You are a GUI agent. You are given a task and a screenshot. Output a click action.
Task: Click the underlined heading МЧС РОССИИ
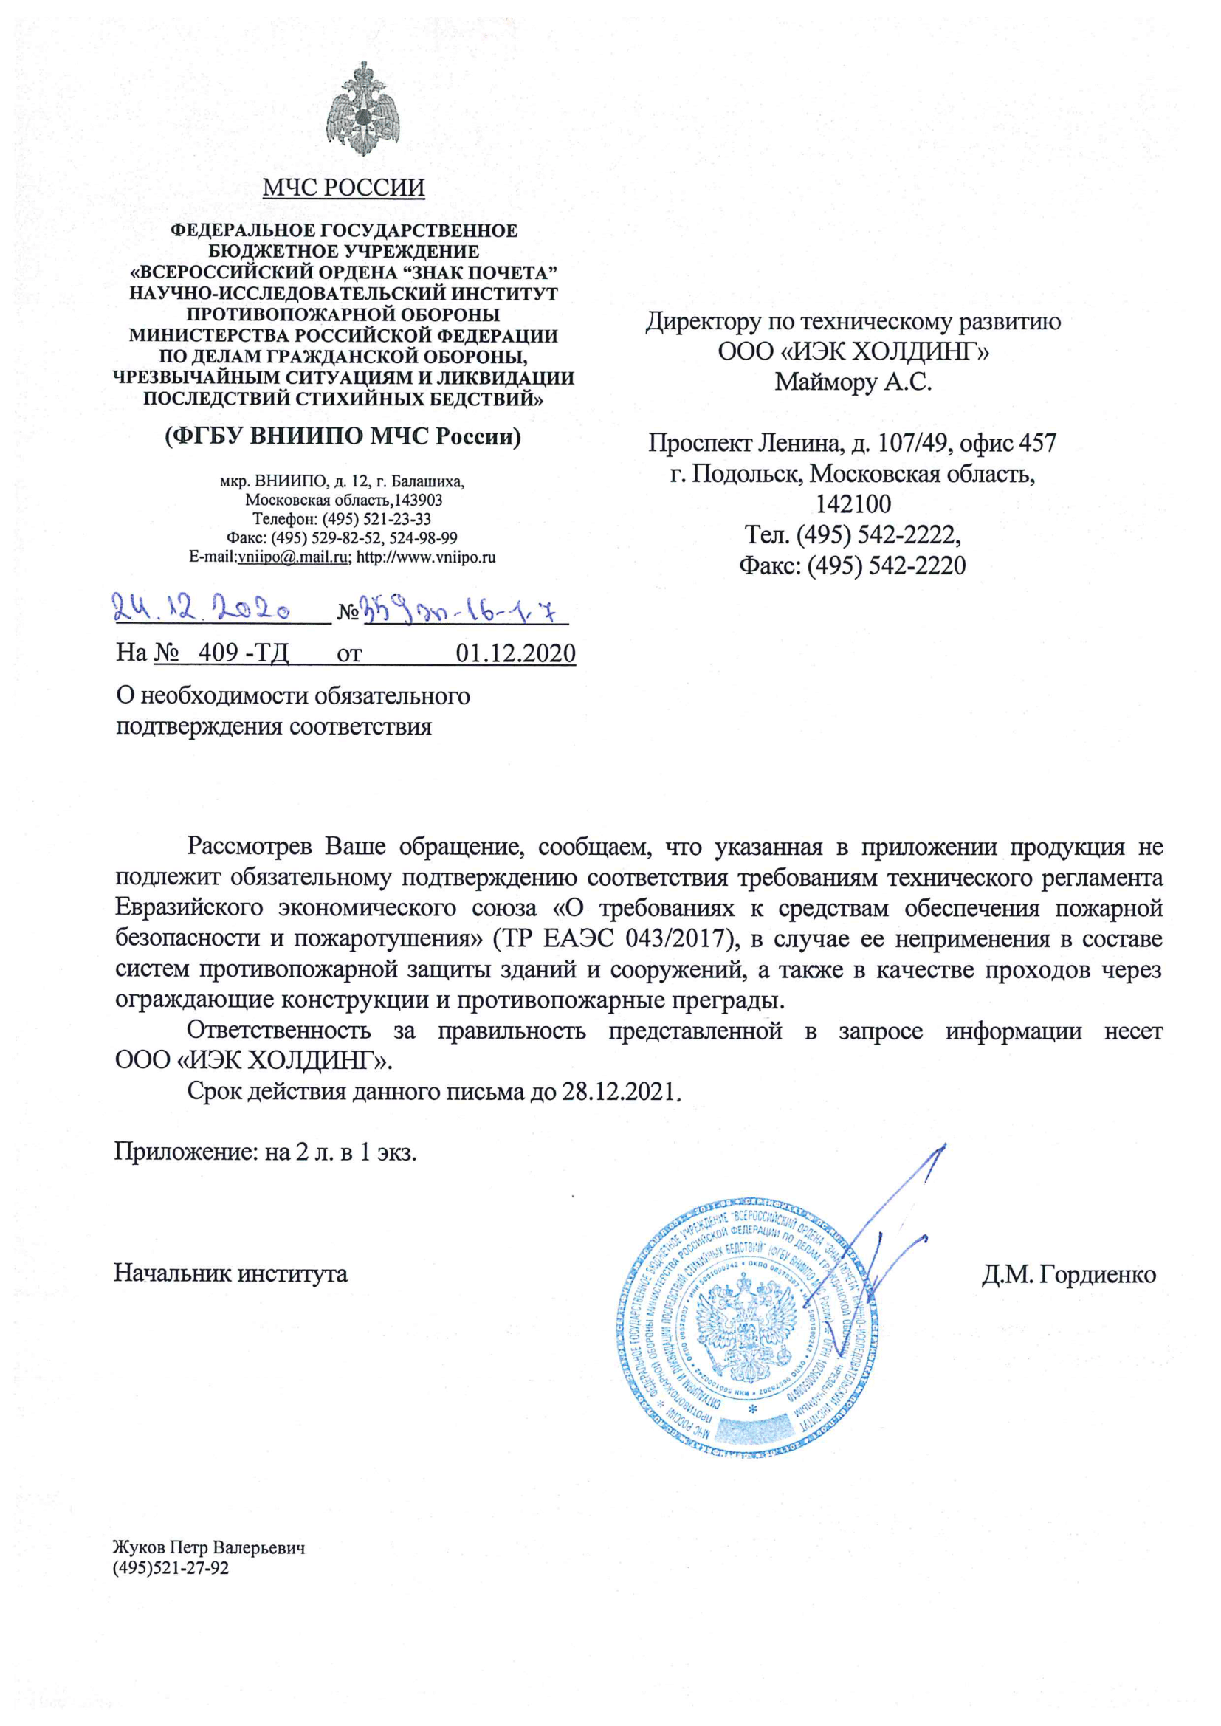343,188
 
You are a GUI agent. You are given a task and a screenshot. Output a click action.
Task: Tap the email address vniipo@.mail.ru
292,558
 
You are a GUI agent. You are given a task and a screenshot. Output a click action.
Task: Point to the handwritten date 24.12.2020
202,608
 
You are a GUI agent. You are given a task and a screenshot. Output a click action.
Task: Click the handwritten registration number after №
463,609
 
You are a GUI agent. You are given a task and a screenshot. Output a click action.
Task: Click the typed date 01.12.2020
516,653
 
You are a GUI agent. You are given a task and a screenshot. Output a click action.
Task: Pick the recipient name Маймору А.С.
853,382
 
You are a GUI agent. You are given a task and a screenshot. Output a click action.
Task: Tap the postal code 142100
853,503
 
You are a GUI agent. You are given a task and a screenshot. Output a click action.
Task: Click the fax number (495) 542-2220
887,565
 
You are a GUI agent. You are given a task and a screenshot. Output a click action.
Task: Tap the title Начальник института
231,1273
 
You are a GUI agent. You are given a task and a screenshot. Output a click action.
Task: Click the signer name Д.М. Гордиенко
1068,1274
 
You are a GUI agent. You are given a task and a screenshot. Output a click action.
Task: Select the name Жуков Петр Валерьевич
209,1548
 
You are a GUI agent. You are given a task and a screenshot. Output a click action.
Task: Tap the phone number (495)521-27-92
171,1568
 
